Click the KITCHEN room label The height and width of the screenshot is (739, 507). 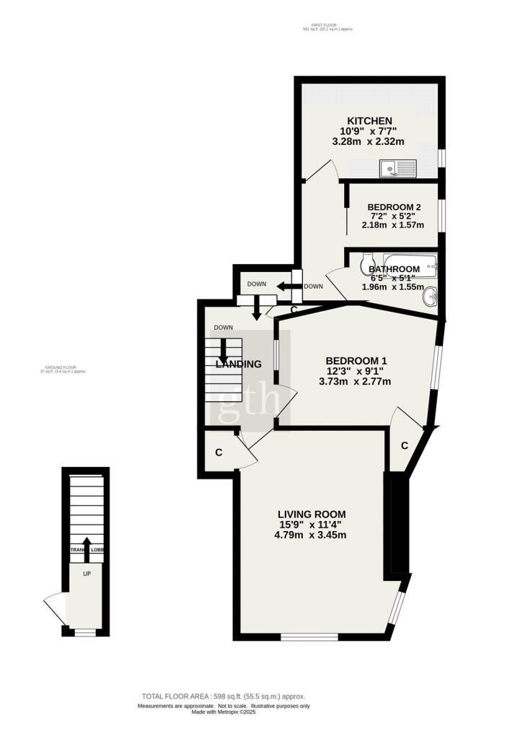pyautogui.click(x=369, y=121)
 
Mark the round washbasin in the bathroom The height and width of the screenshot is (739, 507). pyautogui.click(x=431, y=294)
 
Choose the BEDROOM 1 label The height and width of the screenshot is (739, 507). pyautogui.click(x=356, y=361)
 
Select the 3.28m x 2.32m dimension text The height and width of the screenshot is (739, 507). pyautogui.click(x=369, y=141)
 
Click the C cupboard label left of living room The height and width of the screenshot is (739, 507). pyautogui.click(x=218, y=452)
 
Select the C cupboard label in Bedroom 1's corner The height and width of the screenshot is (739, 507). pyautogui.click(x=405, y=446)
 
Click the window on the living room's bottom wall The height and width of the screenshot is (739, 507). pyautogui.click(x=309, y=636)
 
